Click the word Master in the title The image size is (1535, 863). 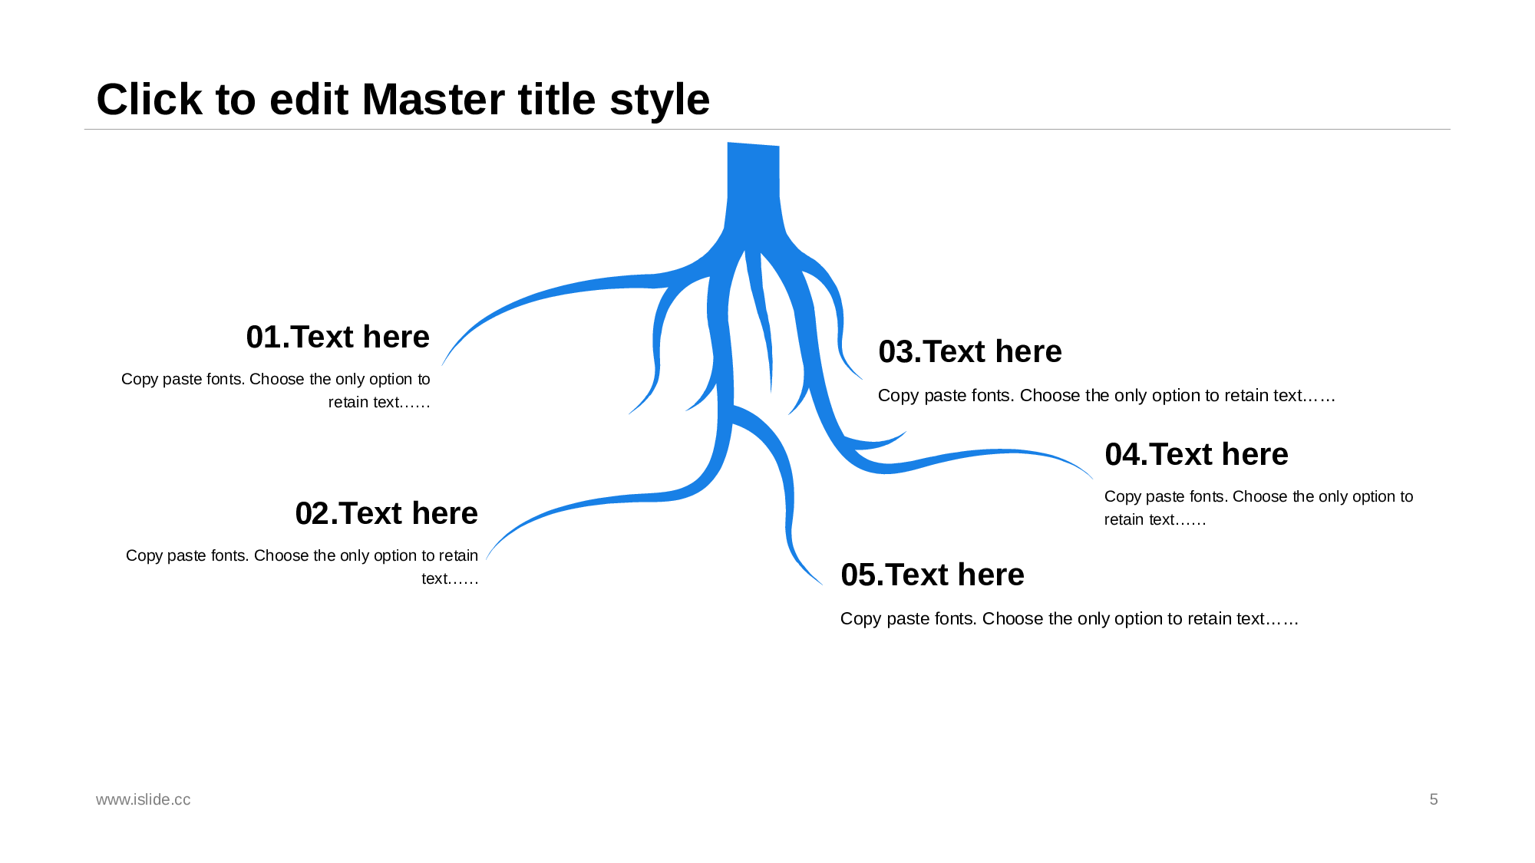coord(478,100)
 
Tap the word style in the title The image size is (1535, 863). coord(659,100)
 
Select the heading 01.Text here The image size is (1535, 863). coord(338,337)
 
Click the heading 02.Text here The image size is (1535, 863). coord(386,513)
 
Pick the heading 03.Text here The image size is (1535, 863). coord(970,351)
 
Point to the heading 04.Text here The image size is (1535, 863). coord(1197,454)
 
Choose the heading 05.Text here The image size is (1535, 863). coord(933,575)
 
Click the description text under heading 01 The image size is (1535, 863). coord(276,390)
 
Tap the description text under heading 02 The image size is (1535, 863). coord(302,567)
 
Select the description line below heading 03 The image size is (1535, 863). coord(1106,396)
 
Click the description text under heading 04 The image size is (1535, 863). coord(1258,508)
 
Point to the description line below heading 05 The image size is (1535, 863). coord(1069,619)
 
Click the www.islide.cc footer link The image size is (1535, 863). coord(144,799)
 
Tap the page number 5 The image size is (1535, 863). coord(1433,799)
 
